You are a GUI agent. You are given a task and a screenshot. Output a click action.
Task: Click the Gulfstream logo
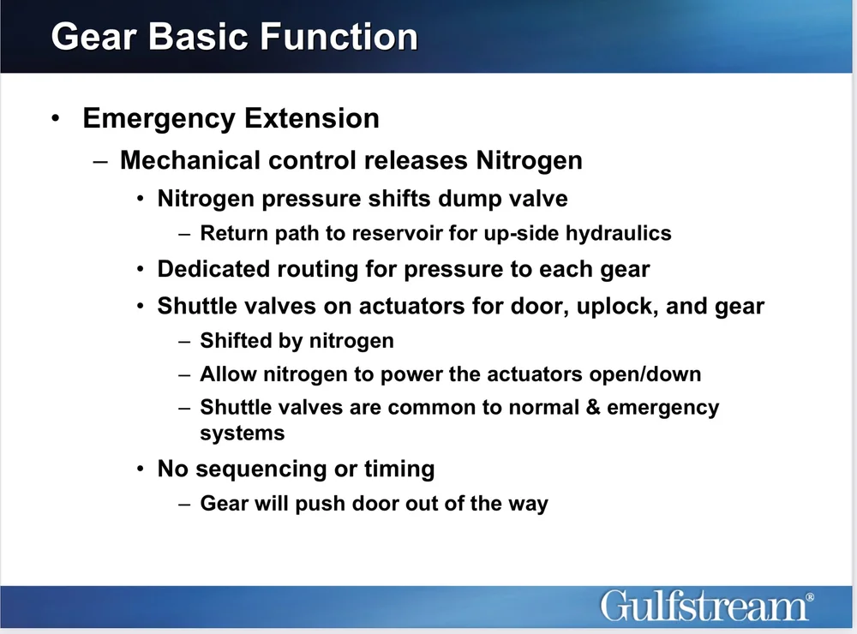(x=704, y=606)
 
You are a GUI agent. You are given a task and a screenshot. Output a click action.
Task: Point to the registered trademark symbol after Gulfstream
(x=810, y=596)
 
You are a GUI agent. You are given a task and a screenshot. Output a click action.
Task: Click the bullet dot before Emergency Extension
(x=57, y=118)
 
